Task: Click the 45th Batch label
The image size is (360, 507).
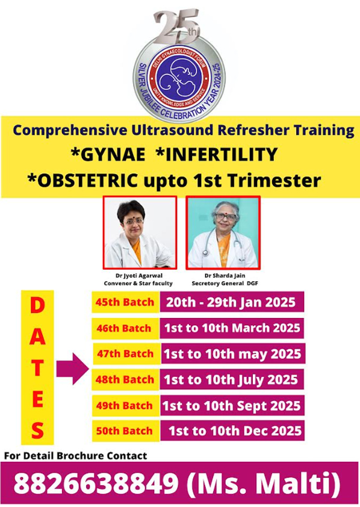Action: (125, 302)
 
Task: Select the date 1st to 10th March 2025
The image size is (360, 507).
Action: (232, 328)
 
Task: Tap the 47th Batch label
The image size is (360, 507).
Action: (125, 353)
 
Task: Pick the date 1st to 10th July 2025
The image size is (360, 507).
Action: (231, 379)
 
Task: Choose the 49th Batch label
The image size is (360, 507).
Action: (124, 405)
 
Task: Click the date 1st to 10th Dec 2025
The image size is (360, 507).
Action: (235, 431)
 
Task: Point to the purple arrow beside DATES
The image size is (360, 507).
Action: (72, 369)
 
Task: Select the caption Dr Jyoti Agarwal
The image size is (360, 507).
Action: (139, 276)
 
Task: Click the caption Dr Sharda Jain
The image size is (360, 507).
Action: (225, 276)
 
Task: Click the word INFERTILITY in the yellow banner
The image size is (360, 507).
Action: (217, 154)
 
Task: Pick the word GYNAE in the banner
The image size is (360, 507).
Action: (108, 154)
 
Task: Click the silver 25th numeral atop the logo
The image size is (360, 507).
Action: (177, 27)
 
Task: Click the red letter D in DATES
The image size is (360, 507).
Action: (37, 305)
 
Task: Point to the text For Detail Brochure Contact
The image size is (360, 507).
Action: (76, 456)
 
